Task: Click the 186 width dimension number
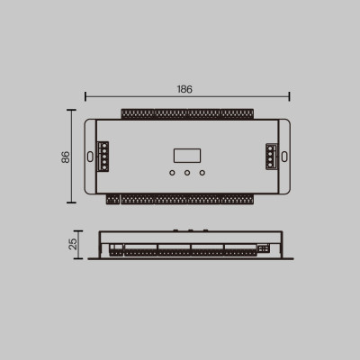[x=185, y=89]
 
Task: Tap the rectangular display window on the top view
[x=185, y=154]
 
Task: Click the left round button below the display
[x=170, y=172]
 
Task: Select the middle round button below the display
[x=185, y=172]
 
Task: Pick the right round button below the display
[x=202, y=172]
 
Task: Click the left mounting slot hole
[x=91, y=156]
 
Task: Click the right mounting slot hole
[x=283, y=156]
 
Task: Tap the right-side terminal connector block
[x=271, y=156]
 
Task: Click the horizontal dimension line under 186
[x=135, y=95]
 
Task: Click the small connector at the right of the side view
[x=264, y=247]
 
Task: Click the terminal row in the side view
[x=180, y=253]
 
